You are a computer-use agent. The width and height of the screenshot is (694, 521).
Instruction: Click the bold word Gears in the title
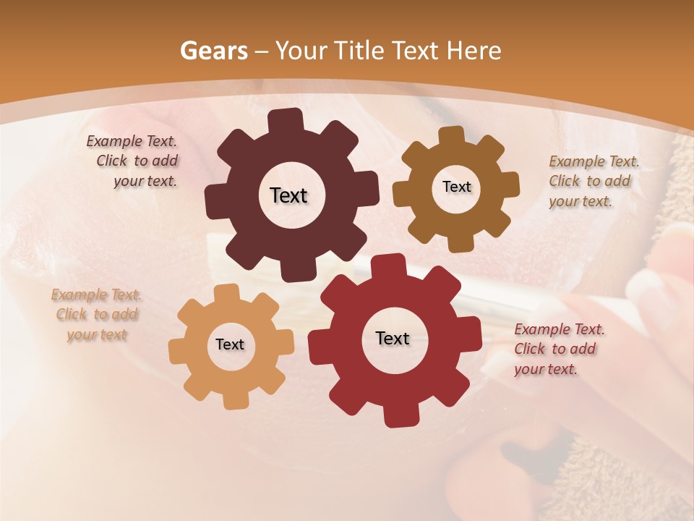[213, 51]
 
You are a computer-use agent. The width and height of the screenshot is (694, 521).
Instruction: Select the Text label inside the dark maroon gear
[288, 195]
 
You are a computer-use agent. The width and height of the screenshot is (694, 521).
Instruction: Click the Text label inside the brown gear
[456, 187]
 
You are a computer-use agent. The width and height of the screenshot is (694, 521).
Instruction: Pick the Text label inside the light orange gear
[230, 344]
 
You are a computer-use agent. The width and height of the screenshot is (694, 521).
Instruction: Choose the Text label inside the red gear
[393, 338]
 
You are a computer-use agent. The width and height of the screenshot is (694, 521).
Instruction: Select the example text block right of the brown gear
[594, 182]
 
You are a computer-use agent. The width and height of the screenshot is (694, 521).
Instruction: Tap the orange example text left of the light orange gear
[96, 315]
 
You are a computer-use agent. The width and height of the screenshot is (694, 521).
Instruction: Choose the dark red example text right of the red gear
[559, 350]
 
